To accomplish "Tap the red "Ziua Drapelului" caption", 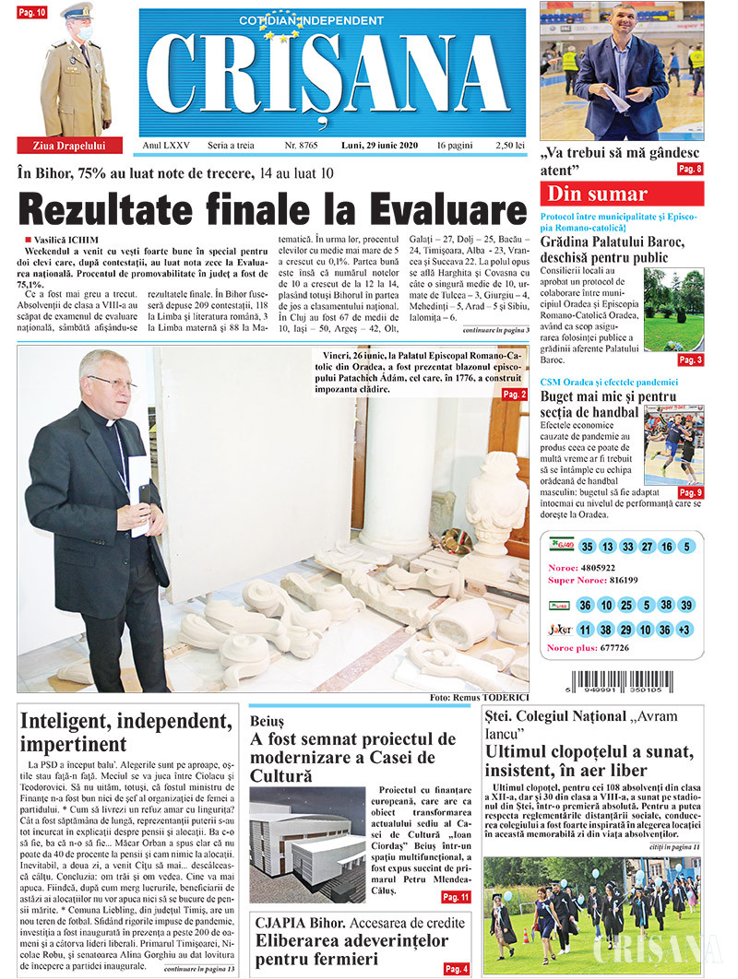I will (62, 146).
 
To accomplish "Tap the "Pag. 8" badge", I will (689, 169).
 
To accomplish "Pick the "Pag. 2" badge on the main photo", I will (514, 395).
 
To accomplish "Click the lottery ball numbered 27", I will (647, 547).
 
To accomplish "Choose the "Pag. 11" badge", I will (455, 896).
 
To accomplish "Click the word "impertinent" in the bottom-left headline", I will (73, 744).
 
